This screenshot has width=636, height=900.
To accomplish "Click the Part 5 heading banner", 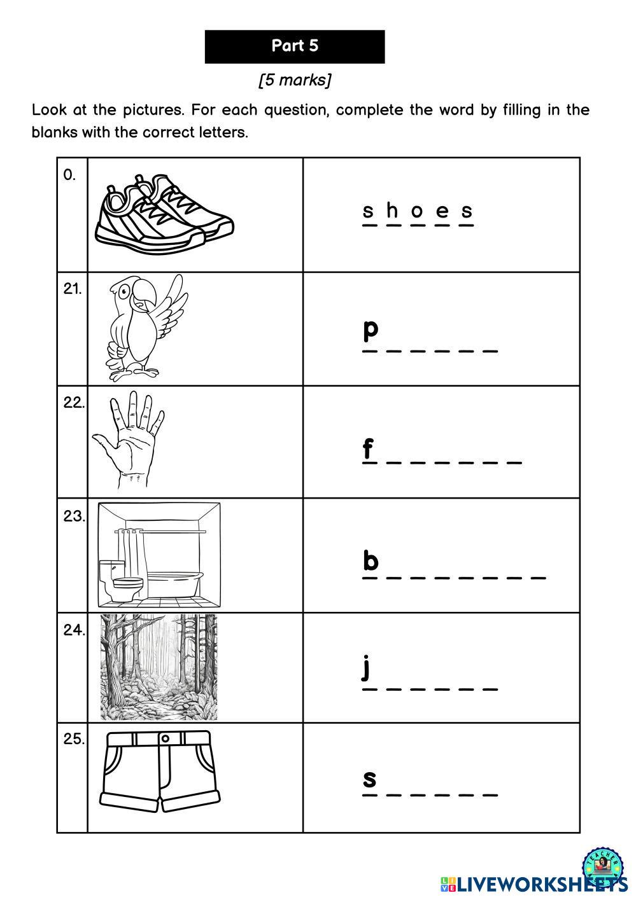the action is [295, 46].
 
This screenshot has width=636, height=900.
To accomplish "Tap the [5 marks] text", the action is [295, 80].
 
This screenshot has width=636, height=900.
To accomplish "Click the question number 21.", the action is [72, 289].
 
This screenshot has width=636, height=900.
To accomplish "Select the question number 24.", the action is [73, 630].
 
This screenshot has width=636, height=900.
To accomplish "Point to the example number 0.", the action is [69, 176].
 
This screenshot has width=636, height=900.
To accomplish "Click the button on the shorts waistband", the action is [165, 738].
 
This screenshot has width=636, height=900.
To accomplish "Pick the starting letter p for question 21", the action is [371, 329].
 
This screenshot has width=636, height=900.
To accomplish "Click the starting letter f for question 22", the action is [368, 449].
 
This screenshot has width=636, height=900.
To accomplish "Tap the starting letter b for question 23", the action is [371, 561].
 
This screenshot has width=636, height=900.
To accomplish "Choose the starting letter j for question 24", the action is [366, 668].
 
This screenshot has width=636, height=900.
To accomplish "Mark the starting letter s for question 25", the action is [369, 779].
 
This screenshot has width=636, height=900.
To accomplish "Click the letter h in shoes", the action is [393, 211].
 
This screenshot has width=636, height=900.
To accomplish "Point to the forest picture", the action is [159, 667].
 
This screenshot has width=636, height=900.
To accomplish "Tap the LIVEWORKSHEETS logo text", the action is [535, 883].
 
